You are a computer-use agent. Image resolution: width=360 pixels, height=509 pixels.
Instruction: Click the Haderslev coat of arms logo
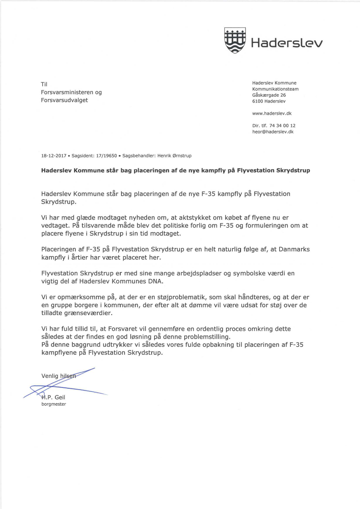click(234, 41)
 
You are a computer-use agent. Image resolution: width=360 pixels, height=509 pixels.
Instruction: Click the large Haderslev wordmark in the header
click(286, 43)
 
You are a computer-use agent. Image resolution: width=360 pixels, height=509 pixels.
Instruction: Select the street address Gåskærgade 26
click(269, 95)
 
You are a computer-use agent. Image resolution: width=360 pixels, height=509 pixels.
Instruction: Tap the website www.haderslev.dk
click(272, 113)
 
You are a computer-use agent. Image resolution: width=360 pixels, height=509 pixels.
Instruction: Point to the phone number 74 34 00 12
click(283, 126)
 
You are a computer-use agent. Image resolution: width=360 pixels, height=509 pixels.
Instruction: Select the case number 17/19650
click(106, 156)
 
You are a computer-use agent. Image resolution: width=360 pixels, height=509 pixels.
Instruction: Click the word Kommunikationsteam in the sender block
click(275, 89)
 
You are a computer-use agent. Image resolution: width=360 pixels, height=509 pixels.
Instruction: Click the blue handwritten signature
click(65, 386)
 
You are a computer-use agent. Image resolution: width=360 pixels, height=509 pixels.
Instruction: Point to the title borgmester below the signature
click(54, 404)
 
